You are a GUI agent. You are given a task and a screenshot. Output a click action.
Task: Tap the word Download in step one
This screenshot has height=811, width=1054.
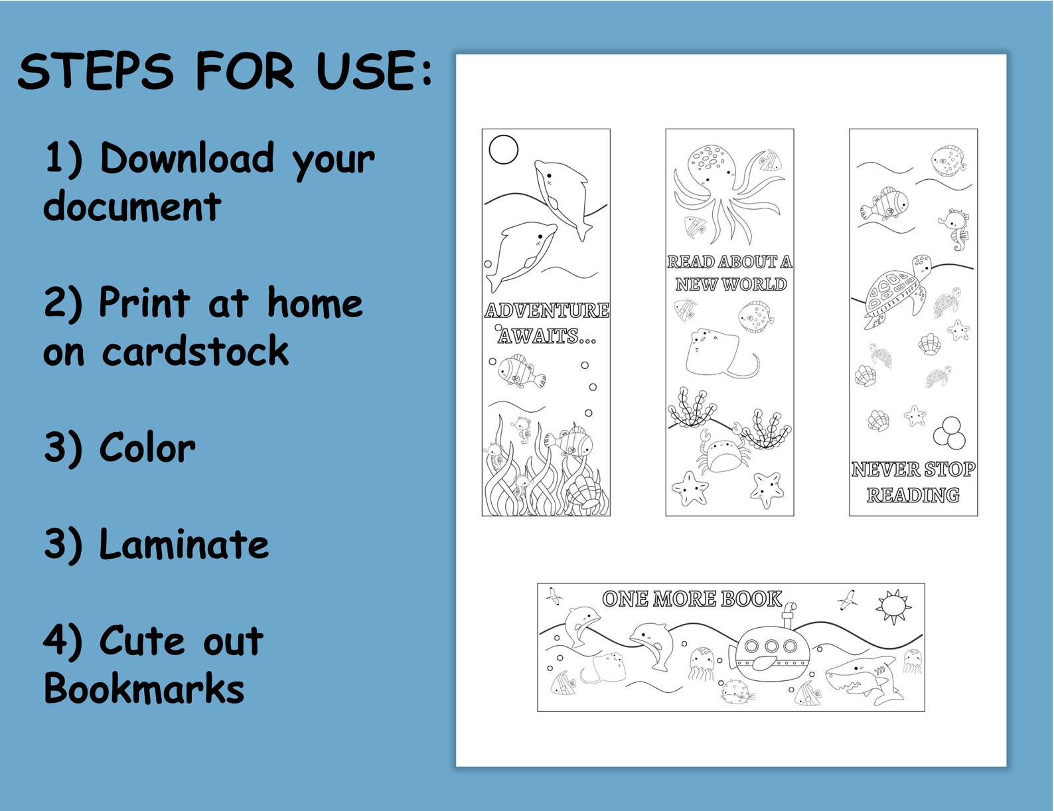(187, 159)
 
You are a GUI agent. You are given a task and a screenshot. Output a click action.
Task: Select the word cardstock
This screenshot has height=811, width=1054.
(195, 351)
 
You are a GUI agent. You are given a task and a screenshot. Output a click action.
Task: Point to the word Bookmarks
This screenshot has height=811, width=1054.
(144, 688)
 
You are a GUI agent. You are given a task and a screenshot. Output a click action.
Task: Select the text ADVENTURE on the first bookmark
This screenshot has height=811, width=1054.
(546, 311)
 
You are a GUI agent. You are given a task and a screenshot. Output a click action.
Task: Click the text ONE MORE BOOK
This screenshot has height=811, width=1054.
(692, 599)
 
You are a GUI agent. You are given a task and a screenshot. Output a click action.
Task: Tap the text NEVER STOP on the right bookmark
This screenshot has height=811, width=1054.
(913, 470)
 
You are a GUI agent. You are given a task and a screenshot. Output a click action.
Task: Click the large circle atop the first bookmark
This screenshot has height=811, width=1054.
(503, 149)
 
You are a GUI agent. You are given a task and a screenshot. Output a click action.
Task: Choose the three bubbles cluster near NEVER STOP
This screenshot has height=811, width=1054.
(949, 433)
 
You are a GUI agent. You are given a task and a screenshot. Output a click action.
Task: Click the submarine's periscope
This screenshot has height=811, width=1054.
(789, 614)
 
